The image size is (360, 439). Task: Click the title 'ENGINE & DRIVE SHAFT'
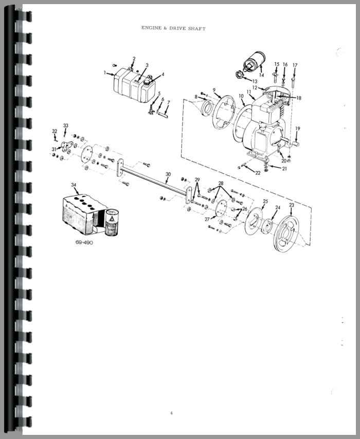(173, 28)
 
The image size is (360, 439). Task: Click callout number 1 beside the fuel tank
(105, 72)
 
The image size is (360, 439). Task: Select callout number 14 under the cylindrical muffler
(261, 75)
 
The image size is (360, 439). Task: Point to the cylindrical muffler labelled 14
(254, 62)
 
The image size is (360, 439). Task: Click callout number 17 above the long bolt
(295, 65)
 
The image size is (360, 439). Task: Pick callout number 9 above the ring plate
(214, 90)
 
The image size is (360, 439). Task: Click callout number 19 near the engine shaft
(298, 129)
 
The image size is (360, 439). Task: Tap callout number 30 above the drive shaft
(168, 174)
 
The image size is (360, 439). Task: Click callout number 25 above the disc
(265, 202)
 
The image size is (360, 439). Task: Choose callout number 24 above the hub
(278, 208)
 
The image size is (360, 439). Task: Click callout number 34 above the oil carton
(74, 185)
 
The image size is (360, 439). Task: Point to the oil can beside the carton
(112, 222)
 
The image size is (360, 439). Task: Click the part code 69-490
(84, 243)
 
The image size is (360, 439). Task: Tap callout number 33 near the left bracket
(65, 126)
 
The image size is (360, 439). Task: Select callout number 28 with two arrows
(221, 184)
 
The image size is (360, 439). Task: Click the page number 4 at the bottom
(171, 413)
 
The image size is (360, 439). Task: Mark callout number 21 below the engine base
(284, 169)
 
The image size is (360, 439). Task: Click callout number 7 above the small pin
(168, 103)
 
